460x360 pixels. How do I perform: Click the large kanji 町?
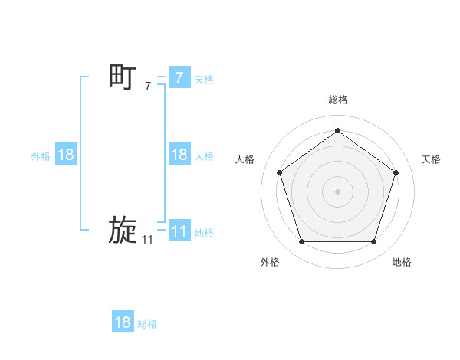coord(123,77)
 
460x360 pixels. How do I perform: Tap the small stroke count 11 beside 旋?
coord(147,241)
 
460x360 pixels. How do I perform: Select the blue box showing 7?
coord(179,77)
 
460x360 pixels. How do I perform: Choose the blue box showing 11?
coord(179,231)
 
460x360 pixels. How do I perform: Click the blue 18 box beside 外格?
coord(65,155)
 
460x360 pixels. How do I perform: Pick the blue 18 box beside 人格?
coord(179,155)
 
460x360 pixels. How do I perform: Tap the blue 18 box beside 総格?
coord(123,322)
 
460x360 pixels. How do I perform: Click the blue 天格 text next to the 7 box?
coord(204,79)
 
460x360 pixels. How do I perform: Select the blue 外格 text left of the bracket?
coord(41,156)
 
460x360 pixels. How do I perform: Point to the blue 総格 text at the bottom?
coord(147,324)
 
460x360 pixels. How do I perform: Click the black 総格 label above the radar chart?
coord(337,100)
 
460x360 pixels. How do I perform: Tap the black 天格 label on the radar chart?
coord(431,159)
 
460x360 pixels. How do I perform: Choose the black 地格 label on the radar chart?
coord(402,262)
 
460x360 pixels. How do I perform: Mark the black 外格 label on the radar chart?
coord(270,262)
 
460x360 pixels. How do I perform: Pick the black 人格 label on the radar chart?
coord(245,159)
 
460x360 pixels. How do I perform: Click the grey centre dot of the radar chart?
coord(337,191)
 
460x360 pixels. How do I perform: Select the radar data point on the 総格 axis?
coord(337,130)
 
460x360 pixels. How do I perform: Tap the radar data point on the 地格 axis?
coord(373,242)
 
